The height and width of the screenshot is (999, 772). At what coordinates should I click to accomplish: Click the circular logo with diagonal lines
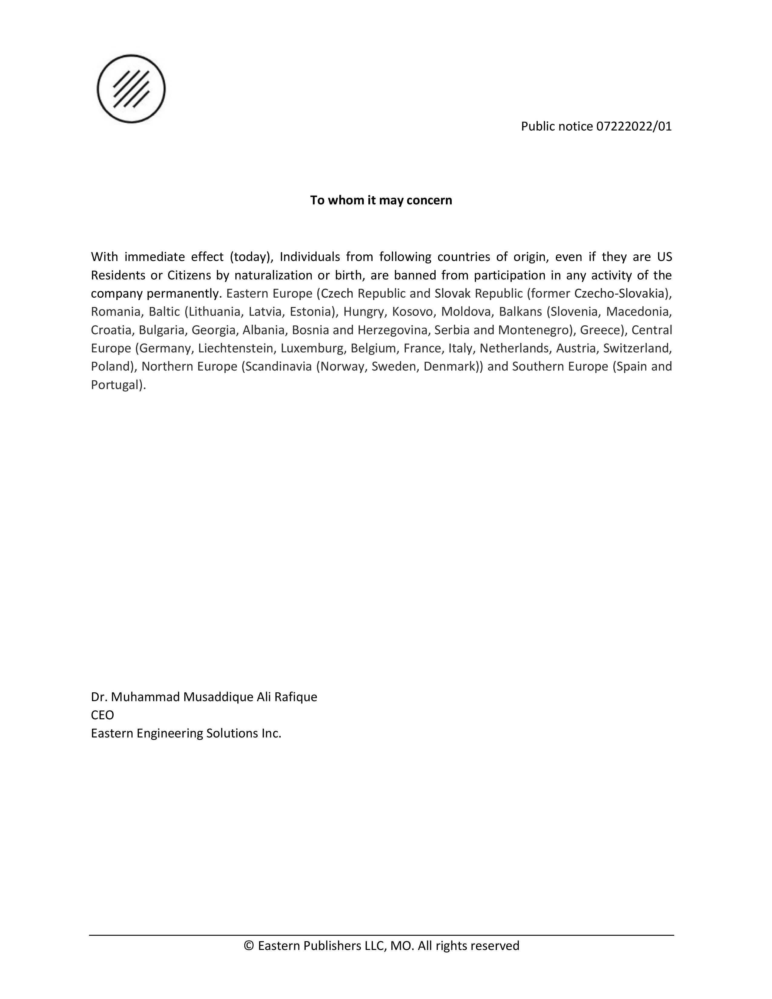(x=131, y=89)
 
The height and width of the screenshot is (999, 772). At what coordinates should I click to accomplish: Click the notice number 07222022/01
(x=634, y=126)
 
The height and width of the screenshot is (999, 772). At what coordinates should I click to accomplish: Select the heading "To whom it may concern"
(x=381, y=200)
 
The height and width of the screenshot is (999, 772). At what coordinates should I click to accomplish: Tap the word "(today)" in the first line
(x=251, y=257)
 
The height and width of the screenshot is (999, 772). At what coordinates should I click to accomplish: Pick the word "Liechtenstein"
(x=236, y=348)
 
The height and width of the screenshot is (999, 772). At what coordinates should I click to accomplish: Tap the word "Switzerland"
(x=637, y=348)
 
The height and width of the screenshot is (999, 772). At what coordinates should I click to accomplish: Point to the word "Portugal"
(x=117, y=385)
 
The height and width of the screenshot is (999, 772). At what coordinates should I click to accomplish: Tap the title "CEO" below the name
(x=102, y=715)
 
